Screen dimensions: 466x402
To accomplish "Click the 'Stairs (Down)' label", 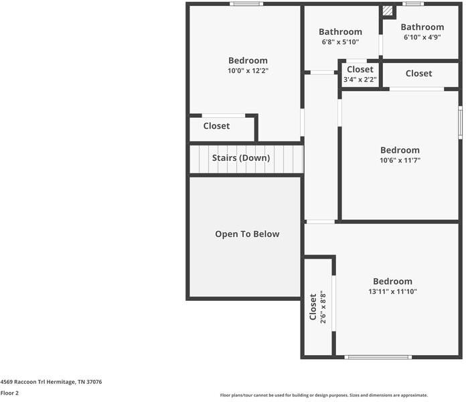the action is point(241,158).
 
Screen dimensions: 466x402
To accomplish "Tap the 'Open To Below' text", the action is point(247,234).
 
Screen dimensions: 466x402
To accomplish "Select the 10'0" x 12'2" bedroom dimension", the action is point(248,71).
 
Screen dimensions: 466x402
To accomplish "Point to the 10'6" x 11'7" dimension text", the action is point(400,160).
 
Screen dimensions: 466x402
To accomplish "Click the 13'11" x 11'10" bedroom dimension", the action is point(392,291).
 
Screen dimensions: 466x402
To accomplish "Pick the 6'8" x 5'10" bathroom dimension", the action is point(341,42).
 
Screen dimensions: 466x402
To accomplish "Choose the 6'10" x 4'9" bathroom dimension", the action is point(422,37).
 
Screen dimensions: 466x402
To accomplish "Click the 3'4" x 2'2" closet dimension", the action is point(360,79).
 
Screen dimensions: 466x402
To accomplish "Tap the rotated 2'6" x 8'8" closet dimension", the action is point(323,307).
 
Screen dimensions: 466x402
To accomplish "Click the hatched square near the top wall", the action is point(387,11).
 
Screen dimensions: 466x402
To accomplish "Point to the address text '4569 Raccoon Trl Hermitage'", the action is point(38,382).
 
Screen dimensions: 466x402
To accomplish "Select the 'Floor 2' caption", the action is point(9,393).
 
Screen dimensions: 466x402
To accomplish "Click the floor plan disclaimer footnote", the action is point(324,395).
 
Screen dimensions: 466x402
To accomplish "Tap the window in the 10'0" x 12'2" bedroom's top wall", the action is point(246,4).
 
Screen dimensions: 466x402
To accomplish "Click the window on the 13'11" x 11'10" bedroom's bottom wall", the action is point(378,357).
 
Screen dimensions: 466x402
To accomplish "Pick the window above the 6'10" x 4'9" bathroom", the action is point(413,4).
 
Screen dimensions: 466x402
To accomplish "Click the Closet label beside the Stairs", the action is point(216,126).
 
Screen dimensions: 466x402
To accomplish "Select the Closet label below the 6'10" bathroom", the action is point(418,74).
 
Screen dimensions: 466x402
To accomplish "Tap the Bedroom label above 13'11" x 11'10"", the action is point(392,281).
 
